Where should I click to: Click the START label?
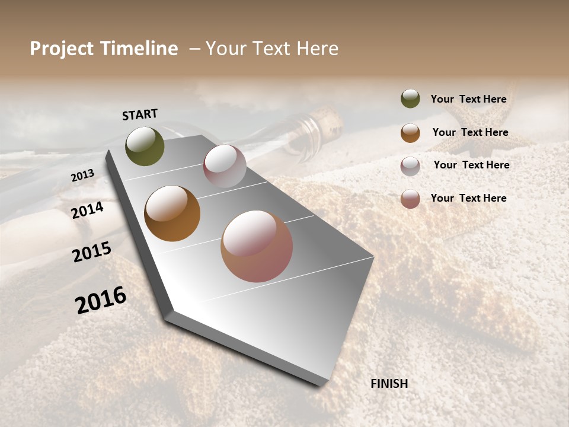click(x=140, y=114)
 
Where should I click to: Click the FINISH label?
click(x=389, y=384)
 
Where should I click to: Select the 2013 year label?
click(x=82, y=176)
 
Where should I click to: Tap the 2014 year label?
click(x=87, y=211)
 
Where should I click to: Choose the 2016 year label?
click(x=101, y=300)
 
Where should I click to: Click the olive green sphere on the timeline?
click(x=145, y=146)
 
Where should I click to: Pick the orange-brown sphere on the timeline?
click(x=172, y=213)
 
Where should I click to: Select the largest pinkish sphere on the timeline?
click(x=257, y=246)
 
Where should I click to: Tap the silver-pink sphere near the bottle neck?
click(x=225, y=166)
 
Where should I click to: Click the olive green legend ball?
click(x=410, y=98)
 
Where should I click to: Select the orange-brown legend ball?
click(x=410, y=133)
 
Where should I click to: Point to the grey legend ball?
click(x=410, y=166)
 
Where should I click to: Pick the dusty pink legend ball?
click(x=410, y=199)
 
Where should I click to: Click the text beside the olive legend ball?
click(x=468, y=100)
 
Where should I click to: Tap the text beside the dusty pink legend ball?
click(x=468, y=198)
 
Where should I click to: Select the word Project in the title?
click(x=61, y=49)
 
